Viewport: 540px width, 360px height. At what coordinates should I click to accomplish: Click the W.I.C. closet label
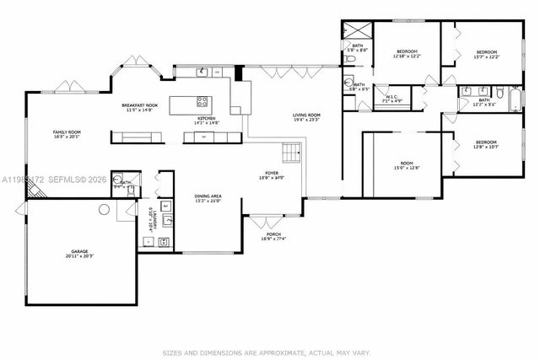tap(392, 97)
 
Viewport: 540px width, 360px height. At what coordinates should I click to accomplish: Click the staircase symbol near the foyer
tap(290, 153)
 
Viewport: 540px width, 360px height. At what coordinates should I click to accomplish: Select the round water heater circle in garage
tap(105, 208)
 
